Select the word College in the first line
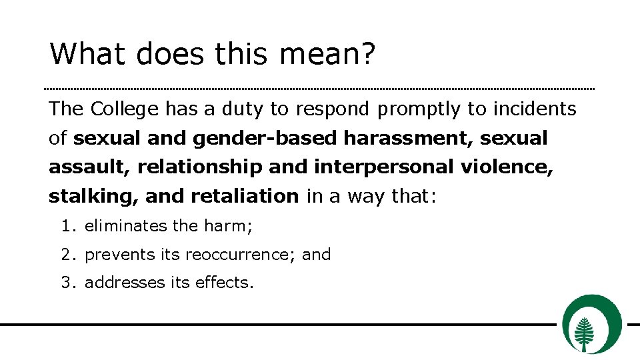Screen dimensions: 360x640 coord(125,109)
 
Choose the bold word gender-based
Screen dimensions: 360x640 coord(266,139)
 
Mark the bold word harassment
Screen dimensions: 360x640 coord(407,139)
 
